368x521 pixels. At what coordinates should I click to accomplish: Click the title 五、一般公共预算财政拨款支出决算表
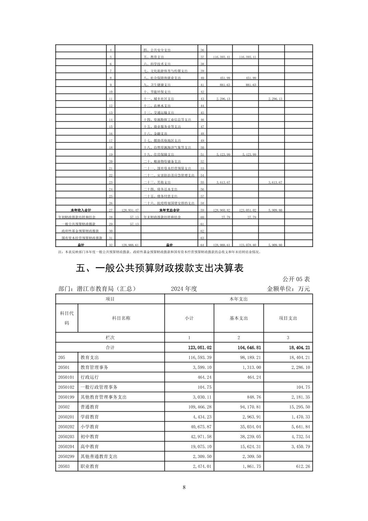pos(160,268)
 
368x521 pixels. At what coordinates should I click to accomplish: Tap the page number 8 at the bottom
pos(184,487)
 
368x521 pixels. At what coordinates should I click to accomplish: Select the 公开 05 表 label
pos(296,279)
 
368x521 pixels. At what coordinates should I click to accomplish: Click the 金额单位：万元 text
pos(288,289)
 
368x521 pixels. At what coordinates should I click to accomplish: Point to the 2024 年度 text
pos(184,289)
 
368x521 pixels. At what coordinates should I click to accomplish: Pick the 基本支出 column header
pos(238,318)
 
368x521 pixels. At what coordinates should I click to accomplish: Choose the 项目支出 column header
pos(288,318)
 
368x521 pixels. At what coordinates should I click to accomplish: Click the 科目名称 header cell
pos(121,318)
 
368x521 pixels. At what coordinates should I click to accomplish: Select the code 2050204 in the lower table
pos(66,447)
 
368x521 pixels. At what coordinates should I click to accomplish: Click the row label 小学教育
pos(90,427)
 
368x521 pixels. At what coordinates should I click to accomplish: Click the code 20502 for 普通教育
pos(64,407)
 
